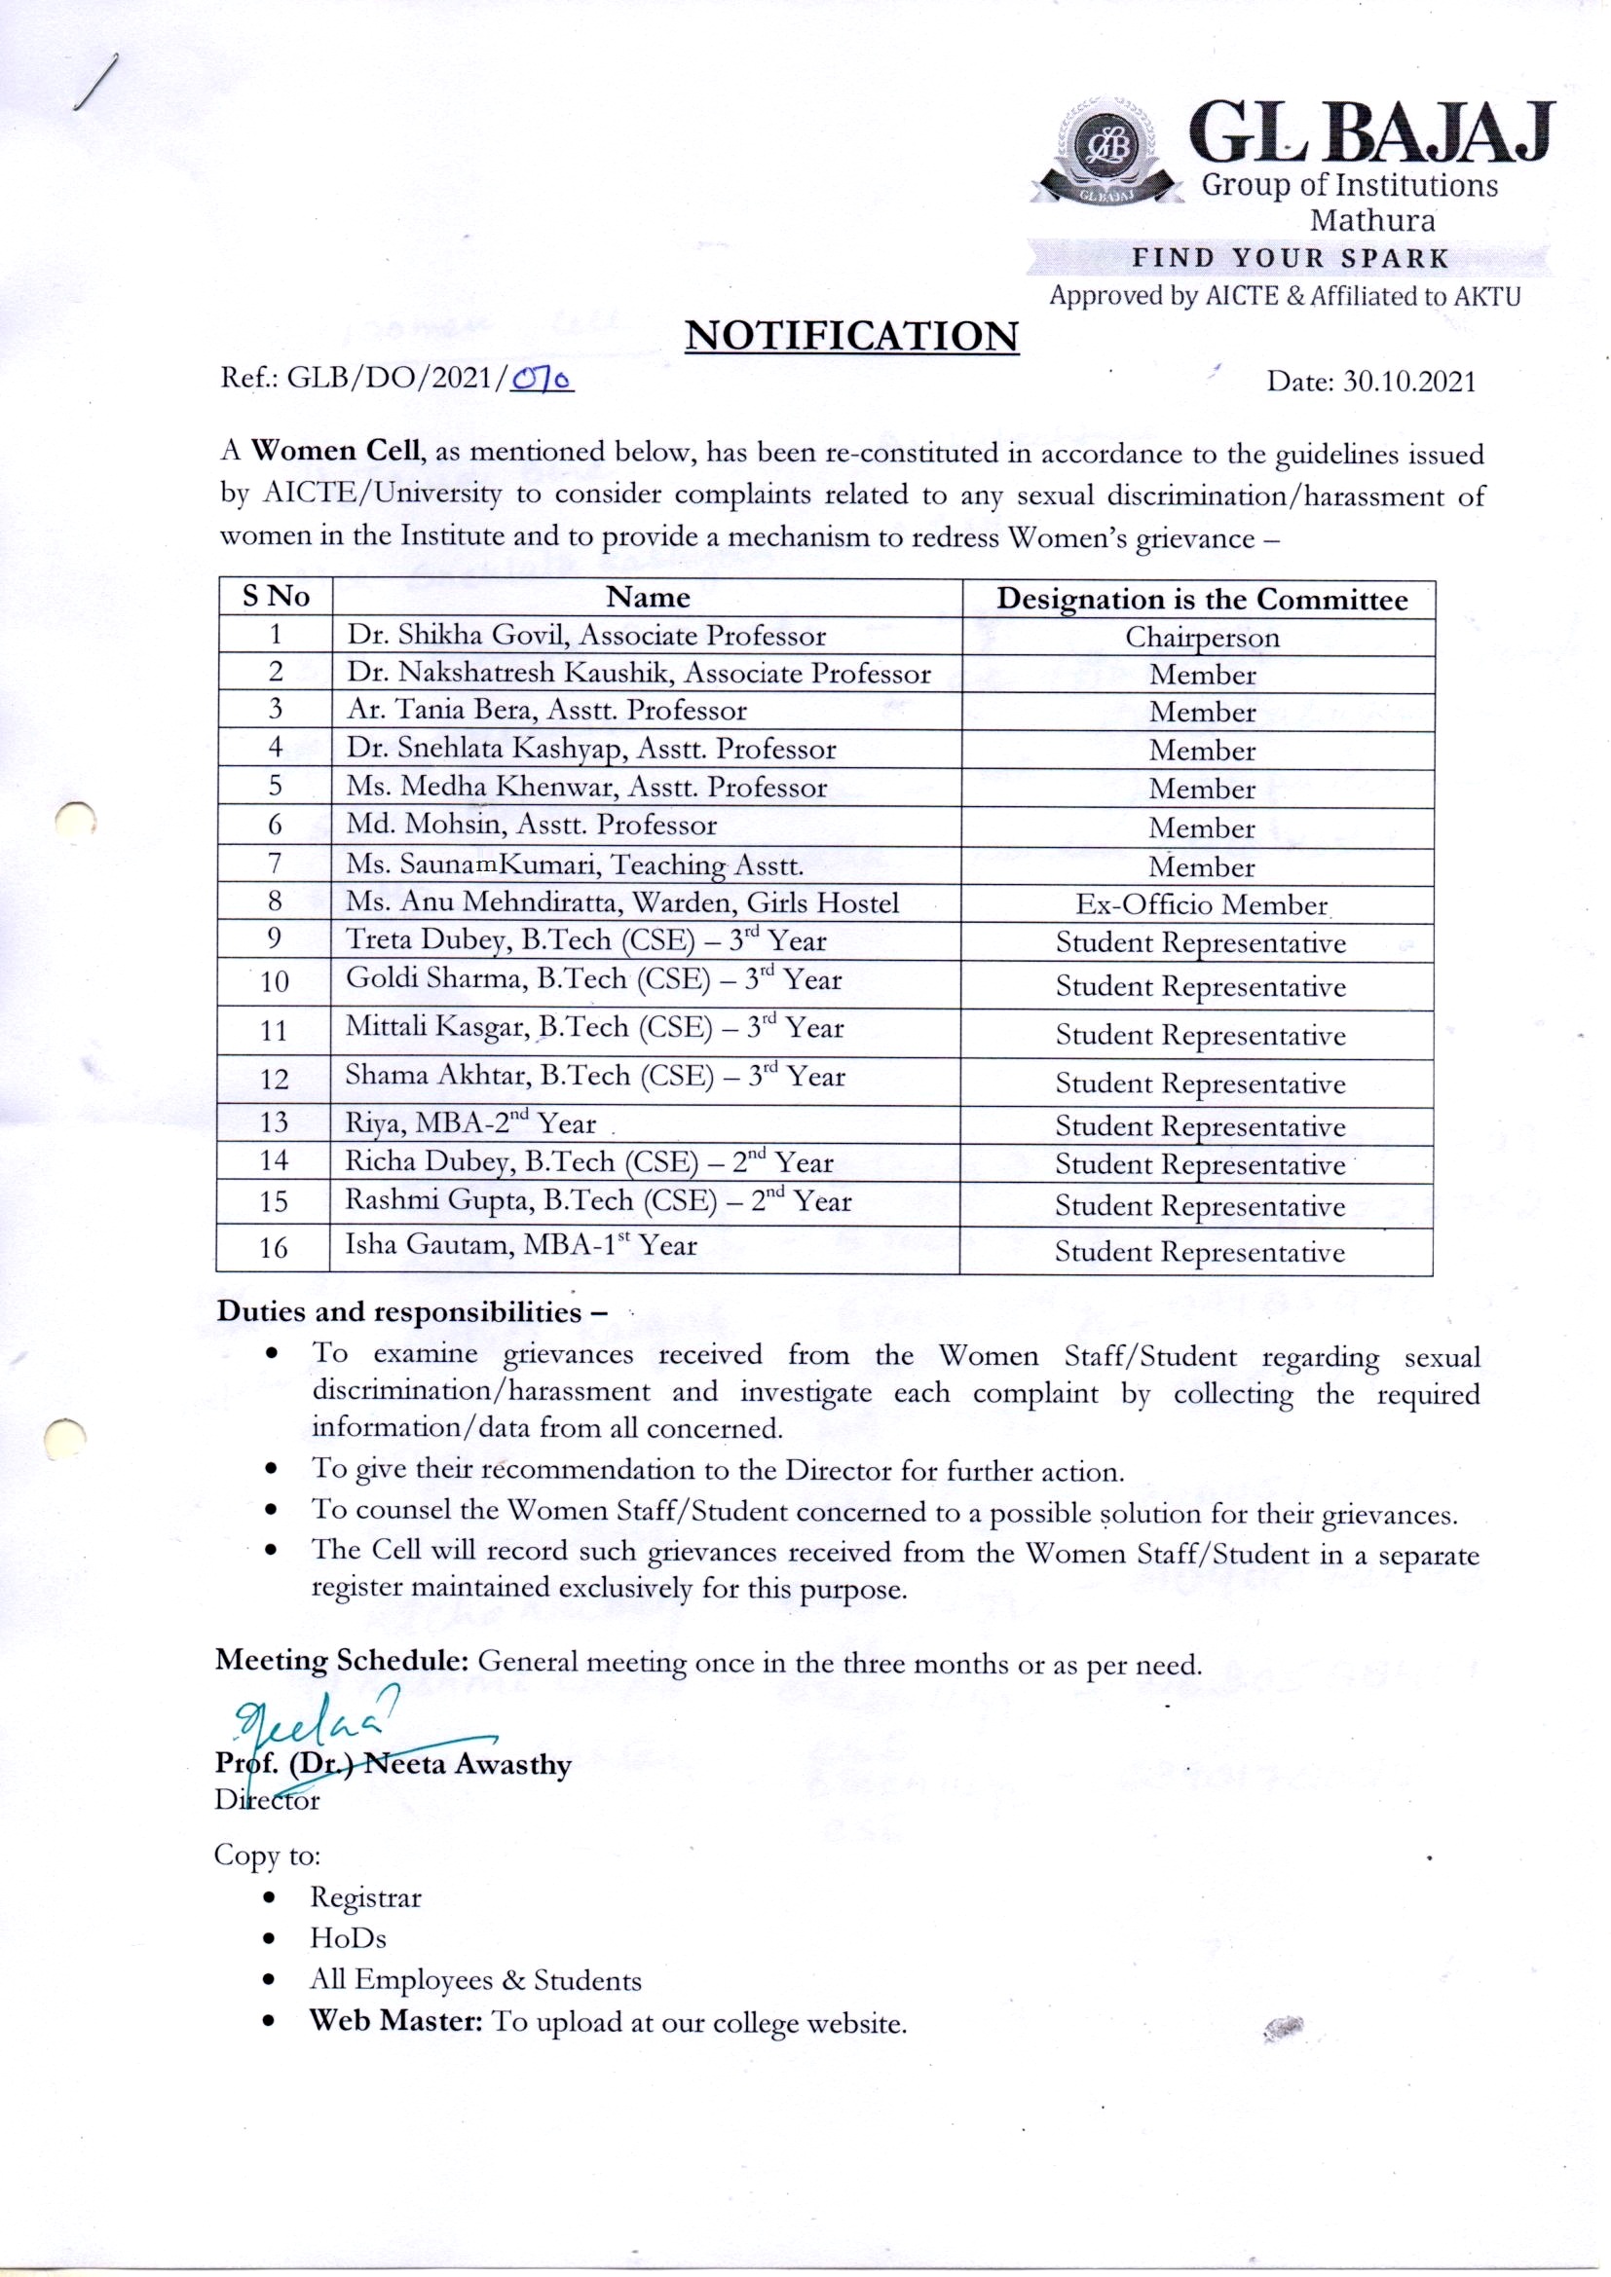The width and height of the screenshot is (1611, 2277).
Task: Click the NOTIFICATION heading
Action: click(851, 336)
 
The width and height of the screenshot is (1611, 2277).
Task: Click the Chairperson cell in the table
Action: click(1201, 637)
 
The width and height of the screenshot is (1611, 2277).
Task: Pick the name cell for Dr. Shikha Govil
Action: click(585, 636)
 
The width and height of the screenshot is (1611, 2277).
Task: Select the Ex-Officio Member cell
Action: click(1201, 904)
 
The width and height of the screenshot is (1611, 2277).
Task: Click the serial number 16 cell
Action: click(274, 1248)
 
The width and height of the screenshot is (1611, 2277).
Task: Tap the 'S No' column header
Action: click(276, 597)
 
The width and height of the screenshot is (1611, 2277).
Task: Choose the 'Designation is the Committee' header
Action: click(1201, 599)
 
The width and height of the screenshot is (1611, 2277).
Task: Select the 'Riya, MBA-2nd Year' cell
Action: click(470, 1123)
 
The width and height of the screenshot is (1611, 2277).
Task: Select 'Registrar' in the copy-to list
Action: click(365, 1897)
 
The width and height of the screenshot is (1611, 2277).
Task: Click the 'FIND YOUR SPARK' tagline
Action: click(1291, 259)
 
